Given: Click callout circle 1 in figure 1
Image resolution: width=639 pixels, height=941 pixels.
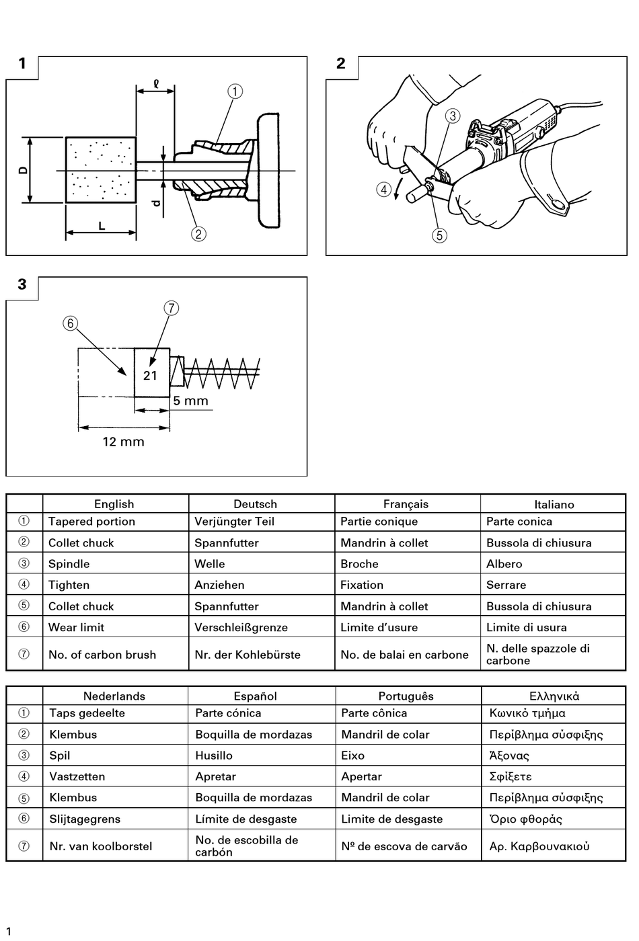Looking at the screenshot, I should click(x=235, y=91).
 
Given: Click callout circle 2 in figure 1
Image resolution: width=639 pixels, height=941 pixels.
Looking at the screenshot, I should click(x=198, y=234).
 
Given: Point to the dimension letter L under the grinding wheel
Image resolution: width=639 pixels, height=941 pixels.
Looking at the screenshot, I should click(x=102, y=226).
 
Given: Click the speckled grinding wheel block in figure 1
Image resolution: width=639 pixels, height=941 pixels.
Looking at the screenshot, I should click(x=101, y=170).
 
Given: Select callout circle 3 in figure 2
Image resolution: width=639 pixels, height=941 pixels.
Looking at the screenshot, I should click(x=453, y=116).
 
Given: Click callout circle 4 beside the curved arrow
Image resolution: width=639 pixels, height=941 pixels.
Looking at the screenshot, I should click(x=383, y=190).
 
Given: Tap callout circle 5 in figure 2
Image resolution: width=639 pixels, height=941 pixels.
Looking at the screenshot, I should click(x=439, y=235).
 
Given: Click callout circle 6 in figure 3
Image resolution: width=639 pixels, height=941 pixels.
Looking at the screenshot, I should click(x=70, y=323).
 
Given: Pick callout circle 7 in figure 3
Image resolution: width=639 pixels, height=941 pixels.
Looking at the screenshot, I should click(x=171, y=308).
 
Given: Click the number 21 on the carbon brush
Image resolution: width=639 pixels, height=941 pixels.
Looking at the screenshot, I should click(x=150, y=375).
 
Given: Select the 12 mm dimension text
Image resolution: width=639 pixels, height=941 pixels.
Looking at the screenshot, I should click(x=123, y=442).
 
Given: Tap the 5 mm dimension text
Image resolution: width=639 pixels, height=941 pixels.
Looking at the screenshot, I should click(x=190, y=401).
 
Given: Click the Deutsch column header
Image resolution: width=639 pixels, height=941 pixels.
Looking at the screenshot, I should click(x=255, y=504).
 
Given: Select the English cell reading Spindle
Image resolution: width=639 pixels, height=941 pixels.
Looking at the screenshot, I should click(x=69, y=564).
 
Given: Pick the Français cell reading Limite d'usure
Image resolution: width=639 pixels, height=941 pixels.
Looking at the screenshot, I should click(x=379, y=627).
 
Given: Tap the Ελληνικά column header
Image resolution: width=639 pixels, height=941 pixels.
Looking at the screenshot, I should click(x=554, y=696).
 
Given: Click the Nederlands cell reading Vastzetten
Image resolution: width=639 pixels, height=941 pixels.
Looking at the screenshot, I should click(x=77, y=776).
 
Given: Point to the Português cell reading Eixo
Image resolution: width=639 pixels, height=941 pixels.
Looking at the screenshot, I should click(x=352, y=755).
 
